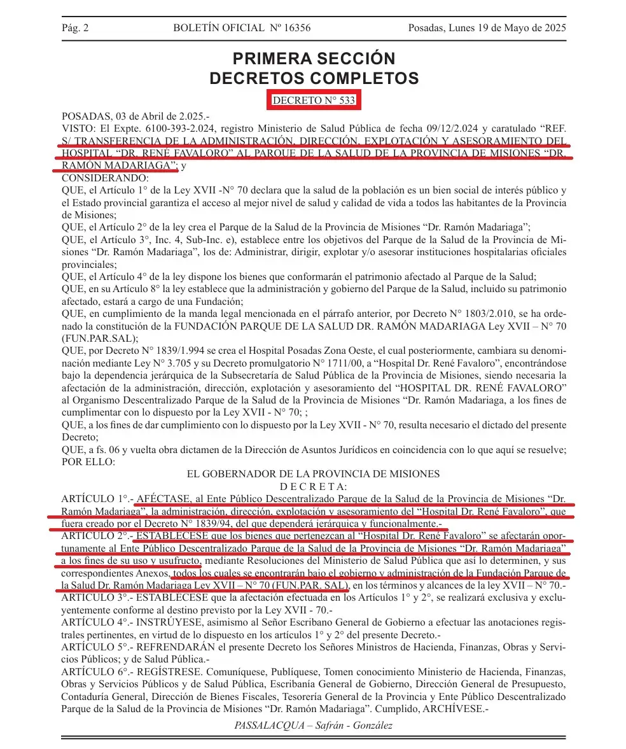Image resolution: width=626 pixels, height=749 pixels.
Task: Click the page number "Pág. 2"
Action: pos(75,28)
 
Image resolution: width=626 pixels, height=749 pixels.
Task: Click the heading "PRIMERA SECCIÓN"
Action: pos(314,59)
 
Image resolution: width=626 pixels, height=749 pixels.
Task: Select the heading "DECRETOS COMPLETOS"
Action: pos(314,78)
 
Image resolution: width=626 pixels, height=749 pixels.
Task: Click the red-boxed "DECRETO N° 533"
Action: pos(314,101)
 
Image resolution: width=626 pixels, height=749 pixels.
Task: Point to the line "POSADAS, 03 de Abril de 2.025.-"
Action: pos(135,116)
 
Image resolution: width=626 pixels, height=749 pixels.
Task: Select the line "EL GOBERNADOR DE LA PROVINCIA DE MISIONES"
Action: pos(313,473)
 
